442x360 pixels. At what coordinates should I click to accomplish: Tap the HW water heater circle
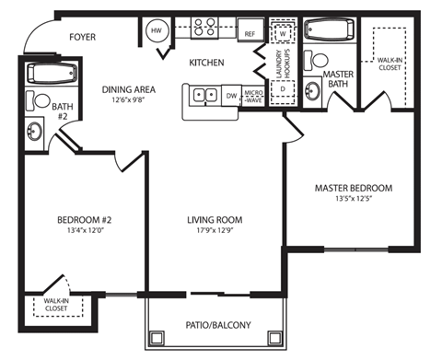(x=156, y=30)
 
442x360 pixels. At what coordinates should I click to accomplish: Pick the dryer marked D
(x=284, y=89)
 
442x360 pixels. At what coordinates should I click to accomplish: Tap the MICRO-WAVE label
(x=252, y=95)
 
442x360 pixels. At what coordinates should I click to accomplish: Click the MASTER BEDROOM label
(x=353, y=189)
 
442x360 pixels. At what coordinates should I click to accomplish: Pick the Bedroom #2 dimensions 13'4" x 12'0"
(x=84, y=231)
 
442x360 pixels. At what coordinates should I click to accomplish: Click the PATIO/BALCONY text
(x=217, y=324)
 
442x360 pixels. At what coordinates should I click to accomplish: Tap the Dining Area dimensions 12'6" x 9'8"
(x=129, y=99)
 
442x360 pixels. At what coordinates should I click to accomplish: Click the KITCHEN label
(x=207, y=63)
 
